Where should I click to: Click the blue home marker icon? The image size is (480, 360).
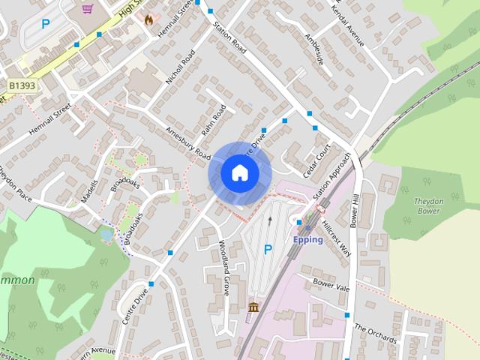tap(238, 173)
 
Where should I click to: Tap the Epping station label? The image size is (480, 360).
tap(308, 240)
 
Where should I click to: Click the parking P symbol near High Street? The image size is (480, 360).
tap(46, 24)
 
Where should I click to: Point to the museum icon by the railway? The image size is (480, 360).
tap(253, 307)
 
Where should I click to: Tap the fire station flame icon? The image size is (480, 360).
tap(148, 19)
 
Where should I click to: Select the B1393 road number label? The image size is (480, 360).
tap(23, 86)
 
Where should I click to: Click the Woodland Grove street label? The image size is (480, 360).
tap(224, 268)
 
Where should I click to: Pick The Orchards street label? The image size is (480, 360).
tap(375, 334)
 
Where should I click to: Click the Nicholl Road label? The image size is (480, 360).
tap(181, 67)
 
